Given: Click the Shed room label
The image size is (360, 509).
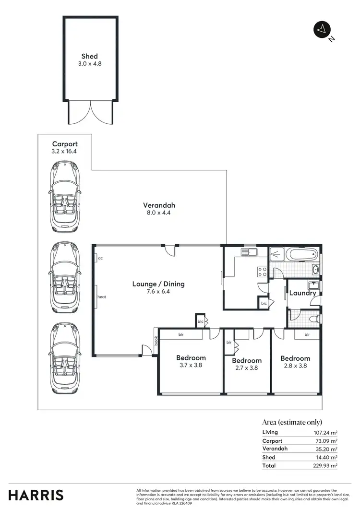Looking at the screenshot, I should [x=89, y=57].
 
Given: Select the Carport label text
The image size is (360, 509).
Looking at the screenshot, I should [x=64, y=144].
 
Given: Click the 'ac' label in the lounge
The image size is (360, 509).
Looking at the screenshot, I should [x=100, y=258].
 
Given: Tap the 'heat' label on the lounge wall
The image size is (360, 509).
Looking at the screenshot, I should [x=101, y=297].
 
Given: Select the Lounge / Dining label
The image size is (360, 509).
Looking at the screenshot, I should [x=158, y=284].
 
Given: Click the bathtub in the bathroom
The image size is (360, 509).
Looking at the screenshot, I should [x=293, y=254].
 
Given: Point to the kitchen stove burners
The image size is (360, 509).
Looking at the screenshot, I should [x=263, y=272].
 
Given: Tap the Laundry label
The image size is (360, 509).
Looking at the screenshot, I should [x=303, y=293].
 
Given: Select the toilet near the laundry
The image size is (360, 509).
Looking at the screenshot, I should [x=313, y=319].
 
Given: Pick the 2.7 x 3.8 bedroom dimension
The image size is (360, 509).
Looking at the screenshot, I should [x=247, y=368].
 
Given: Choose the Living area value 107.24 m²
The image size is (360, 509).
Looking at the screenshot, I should [x=325, y=432].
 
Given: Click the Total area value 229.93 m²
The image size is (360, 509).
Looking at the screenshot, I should [x=325, y=465].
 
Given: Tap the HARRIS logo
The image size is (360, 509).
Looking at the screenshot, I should [x=36, y=495].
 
